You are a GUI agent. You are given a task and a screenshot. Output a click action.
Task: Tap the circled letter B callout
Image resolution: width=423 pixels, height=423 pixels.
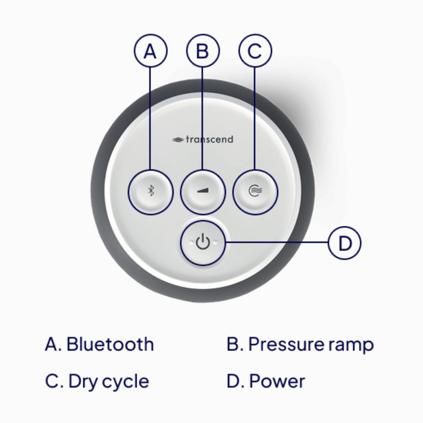(x=203, y=51)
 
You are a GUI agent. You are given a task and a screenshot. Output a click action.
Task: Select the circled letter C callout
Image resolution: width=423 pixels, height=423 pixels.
(x=255, y=51)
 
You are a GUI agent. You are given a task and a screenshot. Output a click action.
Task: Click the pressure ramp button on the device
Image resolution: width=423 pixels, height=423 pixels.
(x=203, y=192)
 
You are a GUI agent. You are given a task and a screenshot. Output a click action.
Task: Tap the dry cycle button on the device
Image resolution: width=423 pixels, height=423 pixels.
(x=255, y=192)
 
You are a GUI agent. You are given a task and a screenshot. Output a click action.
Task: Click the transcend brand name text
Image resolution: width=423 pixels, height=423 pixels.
(x=209, y=140)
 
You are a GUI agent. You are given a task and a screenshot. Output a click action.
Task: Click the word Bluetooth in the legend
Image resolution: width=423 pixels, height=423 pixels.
(x=110, y=345)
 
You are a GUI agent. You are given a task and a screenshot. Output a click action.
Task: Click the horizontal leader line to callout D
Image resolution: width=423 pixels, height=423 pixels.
(x=277, y=242)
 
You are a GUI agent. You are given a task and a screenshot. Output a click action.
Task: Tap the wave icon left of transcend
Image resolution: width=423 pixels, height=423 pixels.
(x=178, y=140)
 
